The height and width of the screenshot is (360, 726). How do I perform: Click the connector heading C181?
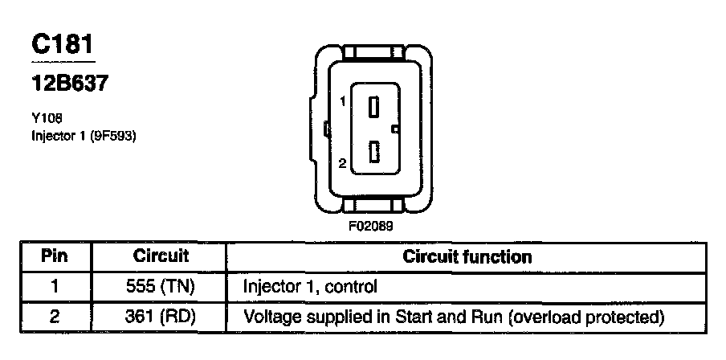click(63, 47)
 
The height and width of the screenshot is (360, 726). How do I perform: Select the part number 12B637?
click(69, 83)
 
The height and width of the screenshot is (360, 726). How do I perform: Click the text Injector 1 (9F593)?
click(83, 135)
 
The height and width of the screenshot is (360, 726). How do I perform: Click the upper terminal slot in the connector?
click(373, 107)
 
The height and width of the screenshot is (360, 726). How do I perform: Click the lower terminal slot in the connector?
click(373, 152)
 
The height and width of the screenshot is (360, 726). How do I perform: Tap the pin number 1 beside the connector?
click(342, 102)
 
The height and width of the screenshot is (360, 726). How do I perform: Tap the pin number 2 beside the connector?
click(342, 164)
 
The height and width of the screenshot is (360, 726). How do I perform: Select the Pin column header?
click(55, 257)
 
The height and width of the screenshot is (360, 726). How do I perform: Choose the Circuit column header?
click(161, 257)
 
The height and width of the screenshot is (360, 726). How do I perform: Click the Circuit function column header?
click(467, 257)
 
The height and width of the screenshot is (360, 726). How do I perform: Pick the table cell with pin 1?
click(55, 286)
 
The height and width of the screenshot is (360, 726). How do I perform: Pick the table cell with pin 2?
click(55, 317)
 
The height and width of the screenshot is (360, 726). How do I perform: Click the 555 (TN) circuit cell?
click(161, 286)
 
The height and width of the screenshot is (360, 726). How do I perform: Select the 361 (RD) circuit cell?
click(161, 317)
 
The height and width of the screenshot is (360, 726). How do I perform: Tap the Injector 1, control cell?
click(309, 286)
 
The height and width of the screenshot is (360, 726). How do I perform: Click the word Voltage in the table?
click(271, 317)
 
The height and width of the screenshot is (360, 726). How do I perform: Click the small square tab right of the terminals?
click(394, 129)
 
